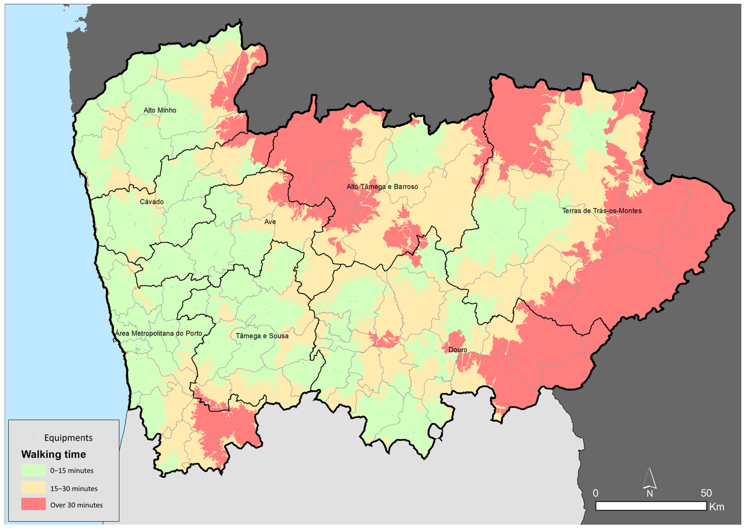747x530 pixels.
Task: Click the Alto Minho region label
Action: coord(160,110)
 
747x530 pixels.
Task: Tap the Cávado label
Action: coord(152,202)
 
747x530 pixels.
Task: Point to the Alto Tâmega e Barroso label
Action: coord(382,187)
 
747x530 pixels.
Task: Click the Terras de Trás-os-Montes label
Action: coord(602,211)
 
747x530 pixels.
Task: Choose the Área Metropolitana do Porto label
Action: coord(159,333)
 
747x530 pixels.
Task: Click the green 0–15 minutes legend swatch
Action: coord(33,470)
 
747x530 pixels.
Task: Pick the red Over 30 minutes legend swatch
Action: coord(33,504)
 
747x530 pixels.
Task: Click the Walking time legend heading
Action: coord(54,454)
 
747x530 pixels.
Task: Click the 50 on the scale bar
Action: coord(706,493)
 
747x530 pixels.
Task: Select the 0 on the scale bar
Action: coord(595,493)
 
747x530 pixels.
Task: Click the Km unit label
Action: coord(717,507)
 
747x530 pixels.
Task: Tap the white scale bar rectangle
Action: coord(651,506)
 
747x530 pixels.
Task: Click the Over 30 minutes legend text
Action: coord(76,505)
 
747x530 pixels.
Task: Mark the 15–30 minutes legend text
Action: coord(74,489)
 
